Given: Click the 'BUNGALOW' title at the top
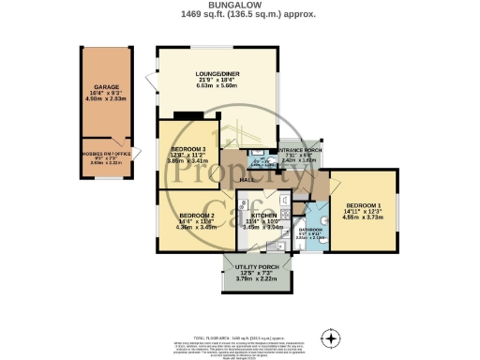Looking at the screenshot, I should click(239, 5).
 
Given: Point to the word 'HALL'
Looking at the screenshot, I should click(247, 178).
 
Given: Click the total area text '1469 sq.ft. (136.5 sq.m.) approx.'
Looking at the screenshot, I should click(239, 15).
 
